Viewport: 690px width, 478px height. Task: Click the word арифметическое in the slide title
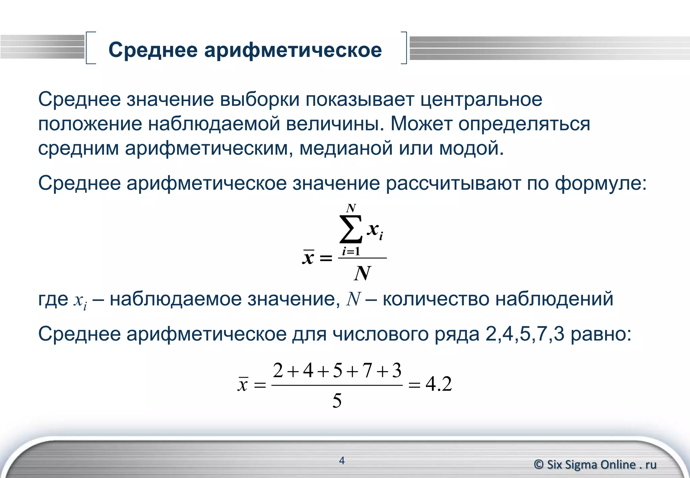tap(293, 50)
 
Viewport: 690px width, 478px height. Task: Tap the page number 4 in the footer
tap(342, 460)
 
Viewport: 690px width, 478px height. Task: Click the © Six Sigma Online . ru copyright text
tap(595, 465)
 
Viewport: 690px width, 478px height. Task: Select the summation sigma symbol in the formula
tap(351, 229)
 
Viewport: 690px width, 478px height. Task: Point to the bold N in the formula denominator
tap(363, 273)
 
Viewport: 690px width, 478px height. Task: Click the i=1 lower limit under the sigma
tap(351, 251)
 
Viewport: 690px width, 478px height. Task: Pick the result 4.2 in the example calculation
tap(439, 384)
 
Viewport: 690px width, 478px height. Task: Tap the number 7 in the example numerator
tap(367, 371)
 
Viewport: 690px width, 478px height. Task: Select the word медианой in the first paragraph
tap(346, 148)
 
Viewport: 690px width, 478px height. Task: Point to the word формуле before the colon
tap(598, 184)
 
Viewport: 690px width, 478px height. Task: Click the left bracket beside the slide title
tap(90, 48)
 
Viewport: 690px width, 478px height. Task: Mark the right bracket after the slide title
tap(404, 48)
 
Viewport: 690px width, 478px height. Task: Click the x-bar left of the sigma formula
tap(308, 258)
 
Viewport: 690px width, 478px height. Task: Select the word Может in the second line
tap(421, 124)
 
